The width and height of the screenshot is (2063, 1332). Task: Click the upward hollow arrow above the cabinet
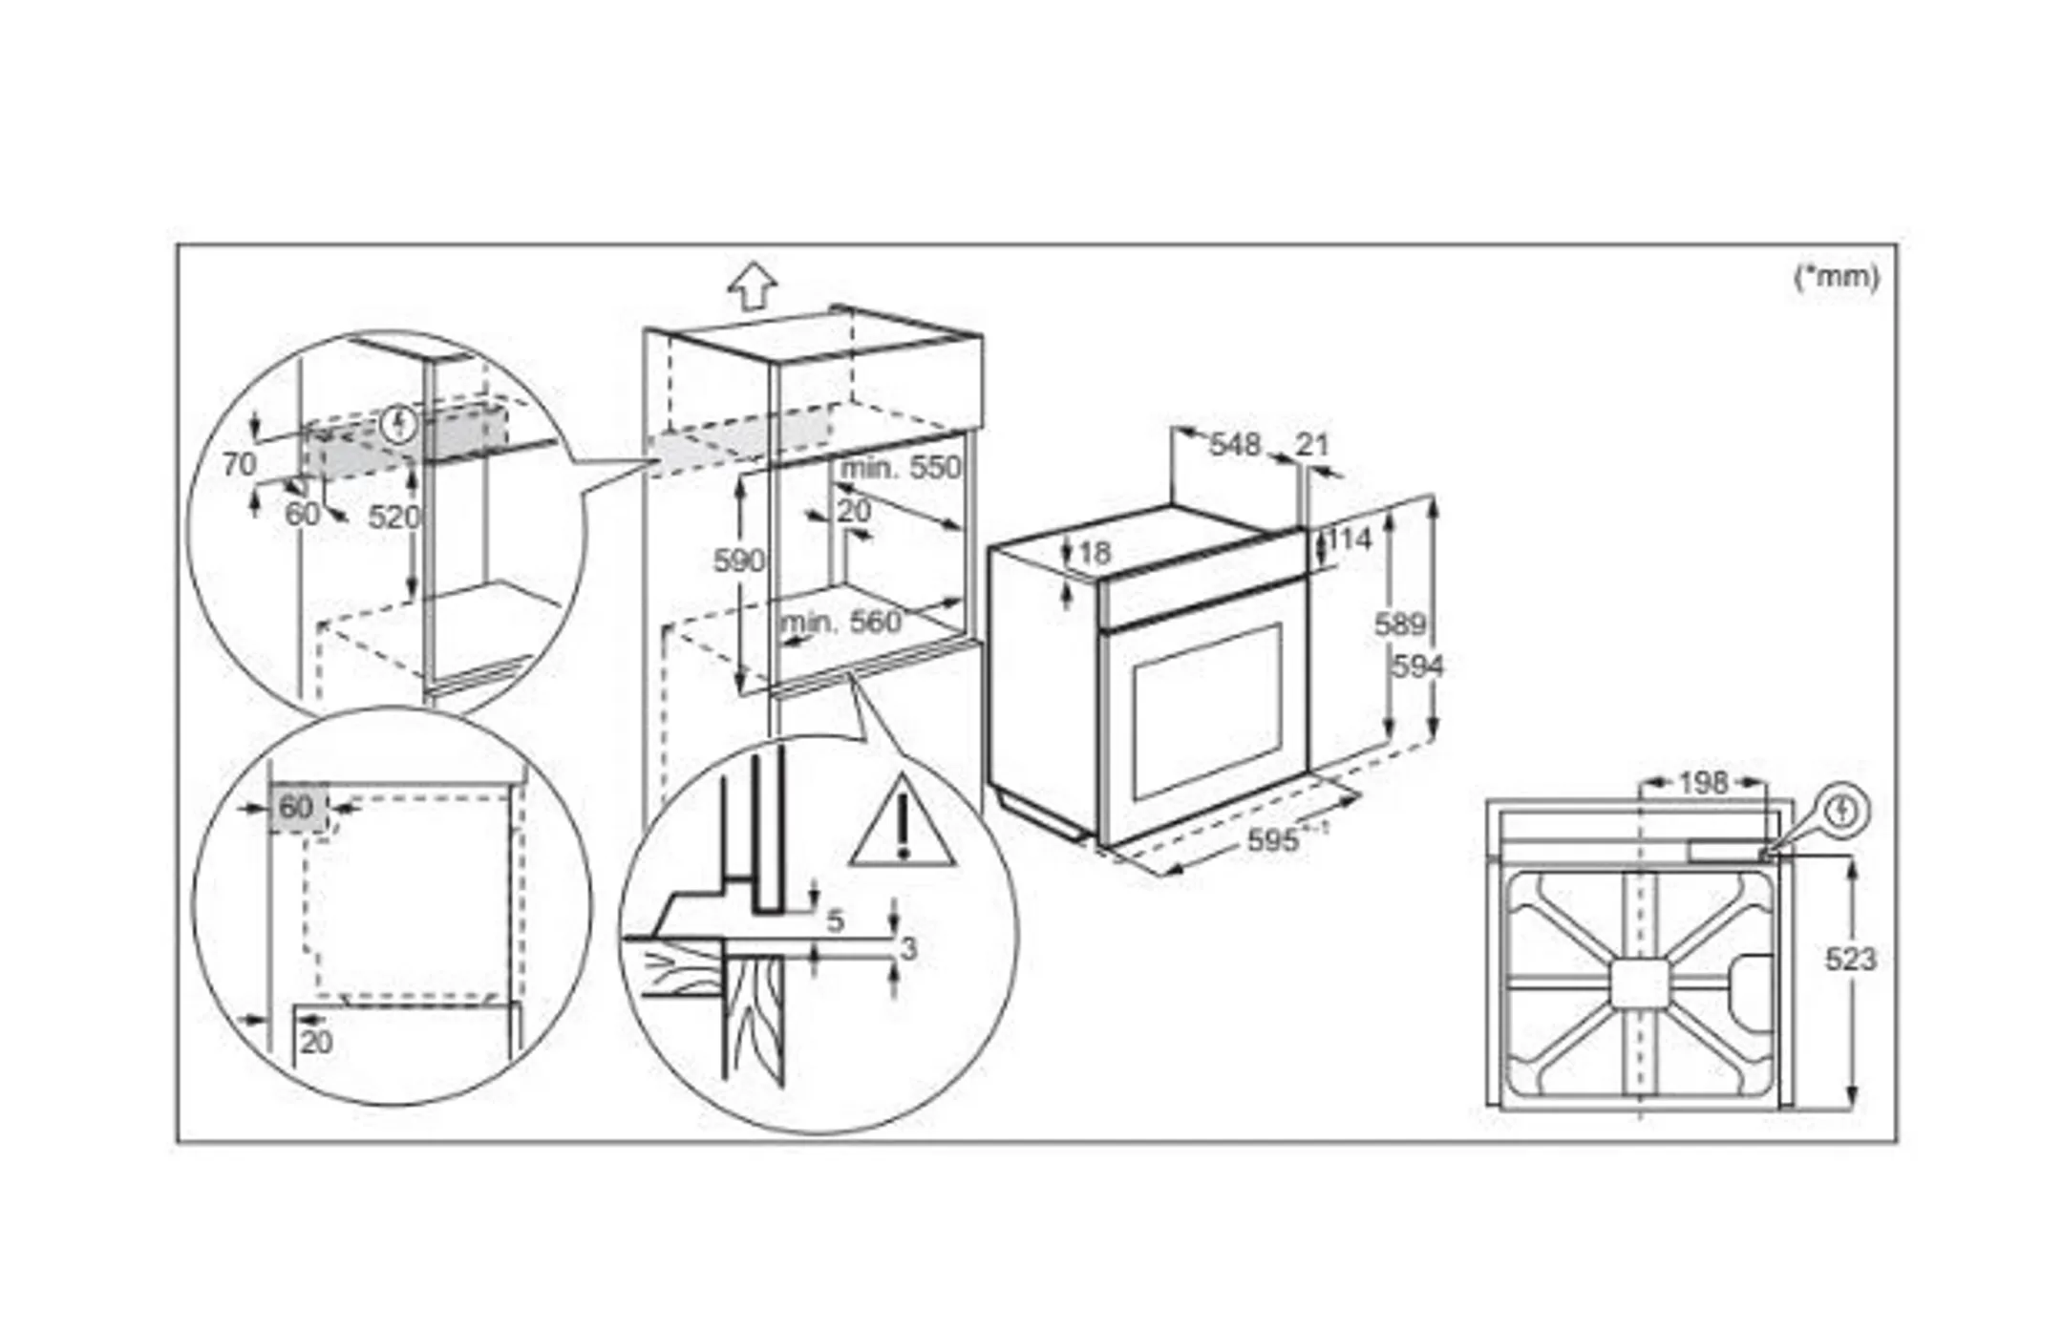(753, 285)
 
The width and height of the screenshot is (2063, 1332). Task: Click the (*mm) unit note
(1836, 277)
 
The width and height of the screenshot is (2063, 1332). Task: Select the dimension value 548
(1235, 445)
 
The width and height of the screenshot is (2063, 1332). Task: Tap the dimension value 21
(1313, 444)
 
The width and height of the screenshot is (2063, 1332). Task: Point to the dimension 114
(1350, 539)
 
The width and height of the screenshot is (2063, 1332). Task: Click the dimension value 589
(1399, 624)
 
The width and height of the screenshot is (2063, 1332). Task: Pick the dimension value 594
(1417, 666)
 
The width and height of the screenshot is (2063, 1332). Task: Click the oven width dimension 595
(1274, 840)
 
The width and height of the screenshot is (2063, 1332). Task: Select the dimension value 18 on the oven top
(1095, 552)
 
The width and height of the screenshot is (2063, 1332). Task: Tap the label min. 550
(900, 468)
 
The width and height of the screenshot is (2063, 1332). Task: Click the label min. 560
(840, 623)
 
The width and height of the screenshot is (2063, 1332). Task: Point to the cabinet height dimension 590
(738, 560)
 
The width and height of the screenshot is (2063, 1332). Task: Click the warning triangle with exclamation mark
(902, 826)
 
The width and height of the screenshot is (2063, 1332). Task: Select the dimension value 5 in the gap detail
(835, 920)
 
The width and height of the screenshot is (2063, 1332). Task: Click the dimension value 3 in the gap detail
(908, 948)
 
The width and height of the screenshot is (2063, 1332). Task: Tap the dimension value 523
(1850, 959)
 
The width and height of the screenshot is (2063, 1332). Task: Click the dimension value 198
(1703, 783)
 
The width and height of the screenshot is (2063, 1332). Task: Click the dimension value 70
(239, 464)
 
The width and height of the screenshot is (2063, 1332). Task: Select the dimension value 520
(393, 518)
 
